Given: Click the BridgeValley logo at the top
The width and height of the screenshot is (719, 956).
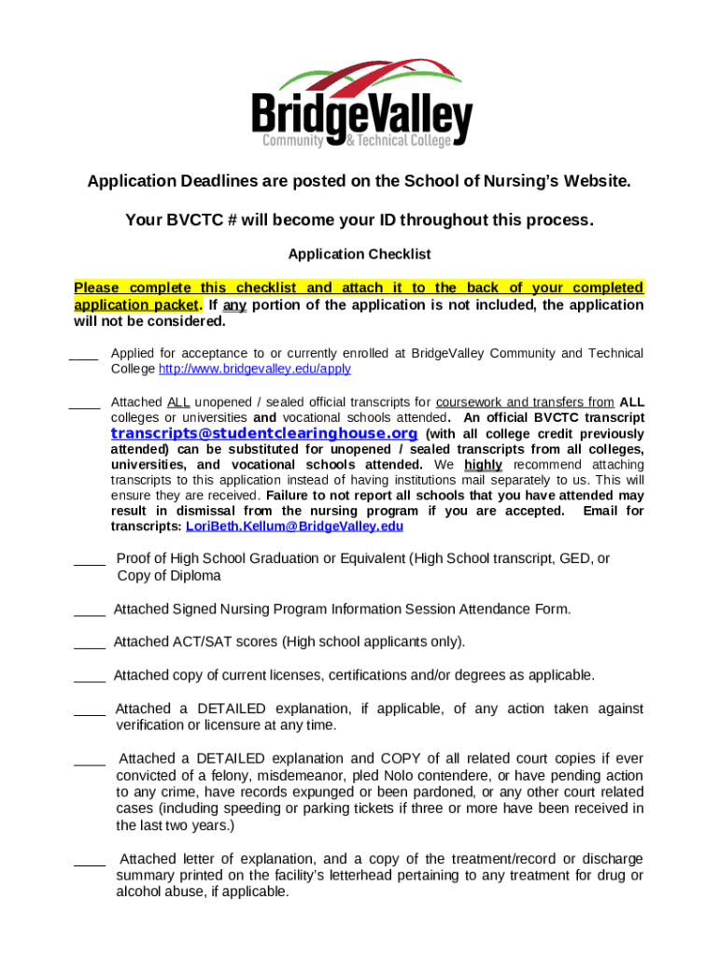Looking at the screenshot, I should [x=360, y=105].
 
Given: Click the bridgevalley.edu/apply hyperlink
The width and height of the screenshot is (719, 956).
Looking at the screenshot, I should [x=255, y=369].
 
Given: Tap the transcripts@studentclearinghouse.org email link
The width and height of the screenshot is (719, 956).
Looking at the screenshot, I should [x=263, y=434].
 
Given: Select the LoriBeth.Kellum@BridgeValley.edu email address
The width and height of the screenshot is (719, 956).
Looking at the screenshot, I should [x=295, y=527].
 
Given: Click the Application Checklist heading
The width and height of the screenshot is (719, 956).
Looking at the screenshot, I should [x=359, y=254].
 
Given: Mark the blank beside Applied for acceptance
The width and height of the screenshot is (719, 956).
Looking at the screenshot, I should [x=83, y=356].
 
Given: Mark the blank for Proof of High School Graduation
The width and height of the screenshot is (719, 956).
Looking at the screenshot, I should [x=90, y=561].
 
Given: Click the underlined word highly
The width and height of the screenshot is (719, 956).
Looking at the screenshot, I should [x=483, y=465].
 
